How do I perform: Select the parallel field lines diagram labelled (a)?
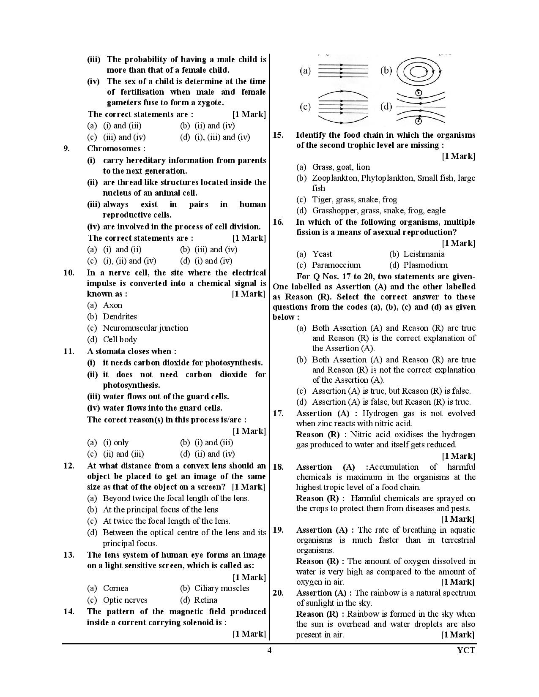[x=342, y=71]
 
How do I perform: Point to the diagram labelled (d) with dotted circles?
[x=421, y=107]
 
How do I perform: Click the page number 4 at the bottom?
[x=269, y=650]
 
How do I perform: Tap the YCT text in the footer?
[x=466, y=650]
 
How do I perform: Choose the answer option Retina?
[x=205, y=600]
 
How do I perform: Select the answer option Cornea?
[x=116, y=588]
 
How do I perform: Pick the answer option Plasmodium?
[x=425, y=265]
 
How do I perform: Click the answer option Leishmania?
[x=424, y=254]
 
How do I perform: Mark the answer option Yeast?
[x=322, y=254]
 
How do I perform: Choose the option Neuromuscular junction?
[x=145, y=328]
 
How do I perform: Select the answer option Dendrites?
[x=120, y=316]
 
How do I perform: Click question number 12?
[x=69, y=466]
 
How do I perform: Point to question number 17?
[x=278, y=413]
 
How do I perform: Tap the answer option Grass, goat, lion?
[x=341, y=167]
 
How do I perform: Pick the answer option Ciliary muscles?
[x=222, y=588]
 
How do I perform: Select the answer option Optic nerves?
[x=125, y=600]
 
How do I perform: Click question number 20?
[x=278, y=593]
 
